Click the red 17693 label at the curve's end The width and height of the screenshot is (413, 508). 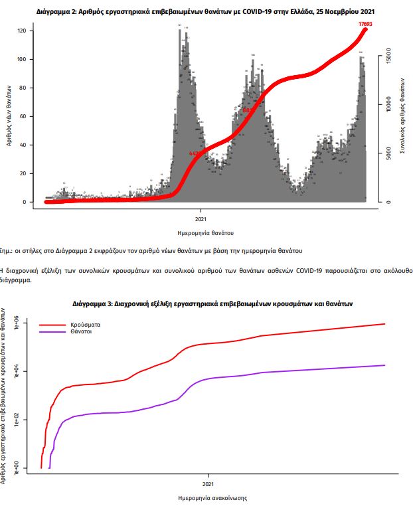pos(365,24)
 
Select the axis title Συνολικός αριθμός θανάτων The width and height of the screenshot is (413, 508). pos(403,116)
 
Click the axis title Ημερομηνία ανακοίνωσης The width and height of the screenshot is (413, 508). pos(208,497)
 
